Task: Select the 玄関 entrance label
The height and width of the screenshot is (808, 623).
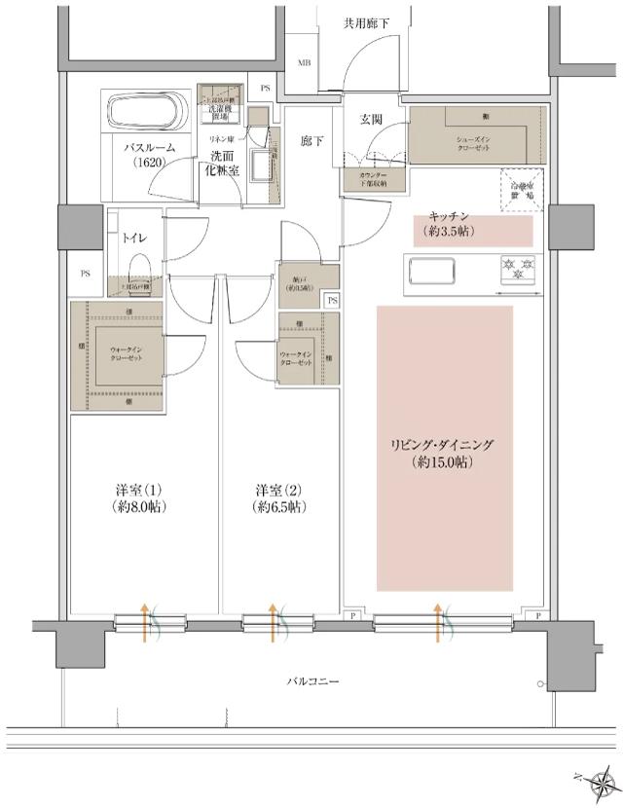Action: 370,120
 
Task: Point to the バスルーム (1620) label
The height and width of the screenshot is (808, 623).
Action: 148,156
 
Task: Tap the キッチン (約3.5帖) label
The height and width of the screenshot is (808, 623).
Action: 449,225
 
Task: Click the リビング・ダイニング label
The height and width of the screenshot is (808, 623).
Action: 444,454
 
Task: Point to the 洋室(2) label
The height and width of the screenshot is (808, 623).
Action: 280,497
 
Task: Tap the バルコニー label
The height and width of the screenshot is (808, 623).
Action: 312,681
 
